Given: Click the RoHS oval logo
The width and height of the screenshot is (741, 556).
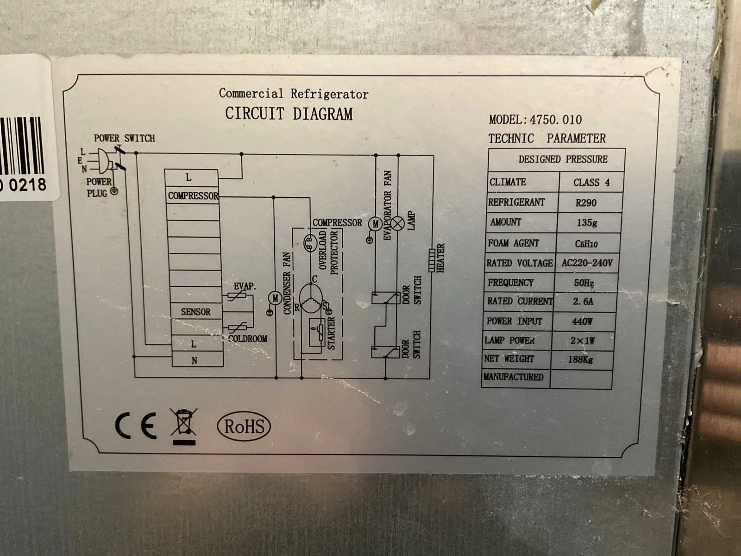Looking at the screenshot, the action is [x=244, y=426].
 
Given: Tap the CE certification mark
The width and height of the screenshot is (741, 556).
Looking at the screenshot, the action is [x=136, y=425].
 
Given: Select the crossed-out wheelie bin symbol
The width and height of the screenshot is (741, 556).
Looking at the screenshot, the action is [x=184, y=426].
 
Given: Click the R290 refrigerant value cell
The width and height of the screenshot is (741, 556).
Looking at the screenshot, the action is [x=586, y=202].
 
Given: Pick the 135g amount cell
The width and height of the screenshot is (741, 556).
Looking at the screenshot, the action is [x=587, y=222].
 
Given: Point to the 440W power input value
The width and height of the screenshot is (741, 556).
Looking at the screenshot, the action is [x=582, y=321].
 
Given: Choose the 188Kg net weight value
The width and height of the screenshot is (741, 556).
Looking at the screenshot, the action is [x=580, y=359].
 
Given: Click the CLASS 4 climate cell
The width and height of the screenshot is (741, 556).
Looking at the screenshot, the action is [x=591, y=182].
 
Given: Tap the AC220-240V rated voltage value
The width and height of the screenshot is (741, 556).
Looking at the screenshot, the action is [x=587, y=263].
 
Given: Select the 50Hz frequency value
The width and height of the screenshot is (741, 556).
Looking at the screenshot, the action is [x=584, y=283].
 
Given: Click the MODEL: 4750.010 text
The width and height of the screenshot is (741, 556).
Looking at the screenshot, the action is [x=535, y=120].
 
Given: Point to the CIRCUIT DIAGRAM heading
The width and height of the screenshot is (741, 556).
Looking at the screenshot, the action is [x=289, y=114].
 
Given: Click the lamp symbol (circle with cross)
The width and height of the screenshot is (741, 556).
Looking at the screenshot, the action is [x=397, y=223].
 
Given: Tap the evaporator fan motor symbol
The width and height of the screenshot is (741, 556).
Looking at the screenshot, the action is [x=375, y=224].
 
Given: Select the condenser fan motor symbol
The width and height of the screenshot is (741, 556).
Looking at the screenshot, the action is [x=275, y=298].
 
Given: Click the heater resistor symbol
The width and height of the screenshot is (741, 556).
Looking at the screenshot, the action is [x=432, y=260].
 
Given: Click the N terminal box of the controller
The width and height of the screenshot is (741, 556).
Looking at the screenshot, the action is [x=197, y=359].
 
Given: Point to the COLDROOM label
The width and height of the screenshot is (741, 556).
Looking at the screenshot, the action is [x=248, y=339].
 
